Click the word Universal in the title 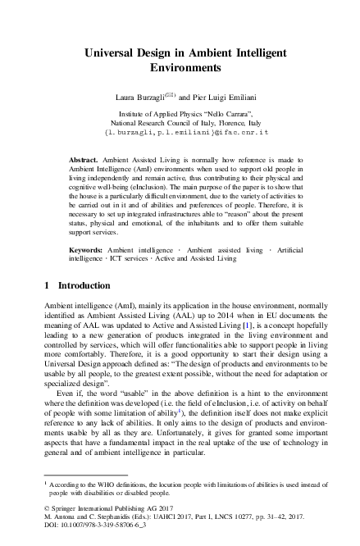point(112,52)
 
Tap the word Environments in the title point(180,67)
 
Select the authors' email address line point(180,132)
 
